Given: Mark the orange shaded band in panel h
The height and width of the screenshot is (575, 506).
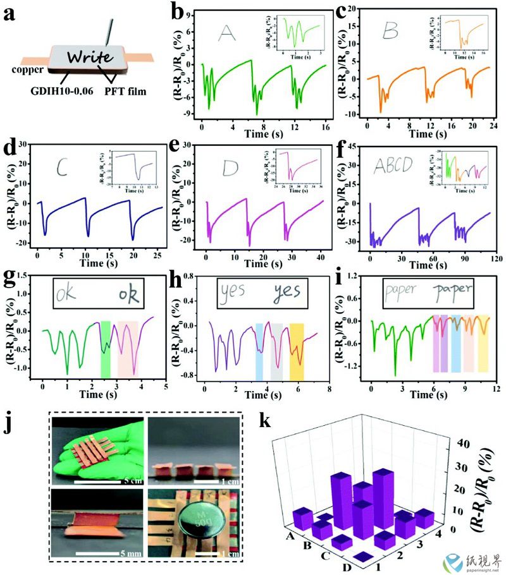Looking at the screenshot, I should point(297,351).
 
